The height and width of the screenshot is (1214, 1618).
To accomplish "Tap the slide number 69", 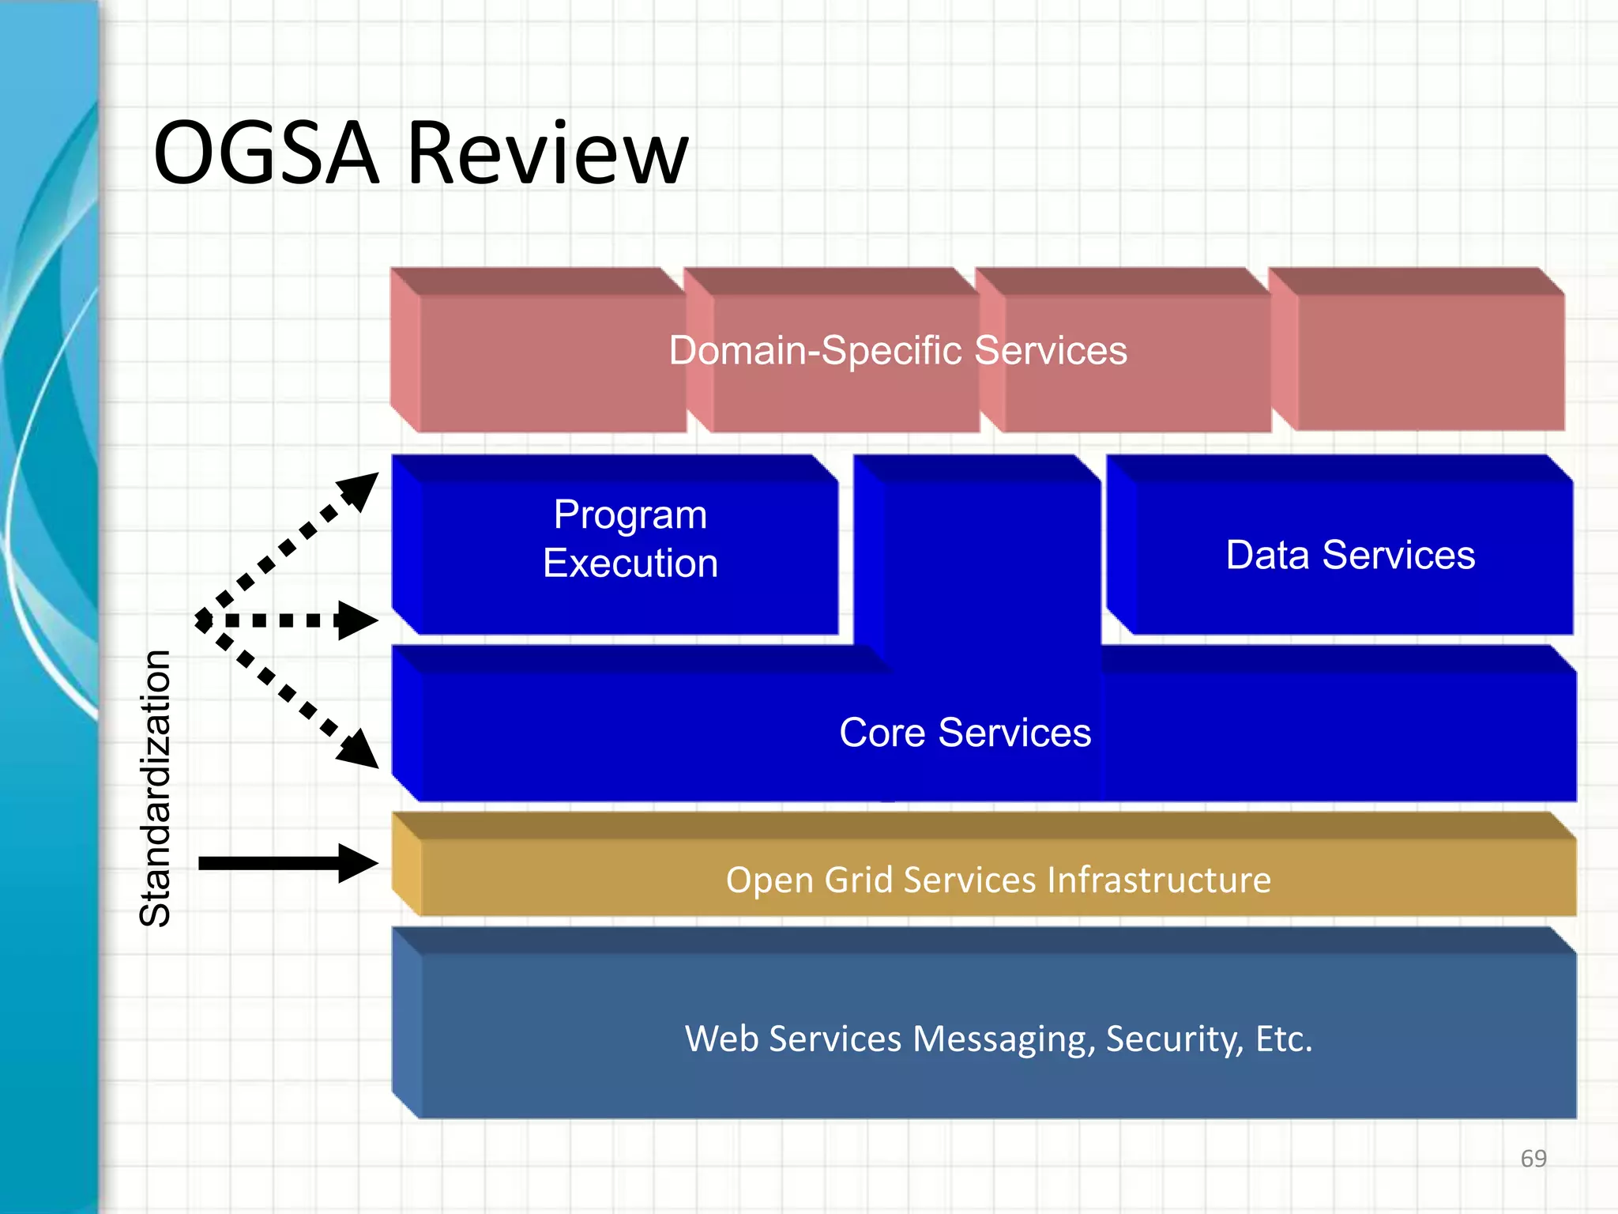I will point(1533,1159).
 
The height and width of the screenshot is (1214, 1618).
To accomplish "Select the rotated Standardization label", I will point(155,788).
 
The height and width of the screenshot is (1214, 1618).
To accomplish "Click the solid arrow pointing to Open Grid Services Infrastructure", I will point(284,862).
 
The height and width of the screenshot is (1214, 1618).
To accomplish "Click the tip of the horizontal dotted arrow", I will point(373,620).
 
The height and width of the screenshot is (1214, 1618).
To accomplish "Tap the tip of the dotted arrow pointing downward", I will point(373,763).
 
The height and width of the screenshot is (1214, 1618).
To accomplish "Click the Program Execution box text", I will point(630,539).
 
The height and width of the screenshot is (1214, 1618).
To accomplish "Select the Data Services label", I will point(1349,555).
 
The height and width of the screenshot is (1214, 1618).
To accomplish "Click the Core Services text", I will point(965,733).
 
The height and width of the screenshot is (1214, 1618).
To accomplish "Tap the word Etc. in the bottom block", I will point(1284,1039).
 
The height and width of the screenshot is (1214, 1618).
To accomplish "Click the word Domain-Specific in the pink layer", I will point(814,350).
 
